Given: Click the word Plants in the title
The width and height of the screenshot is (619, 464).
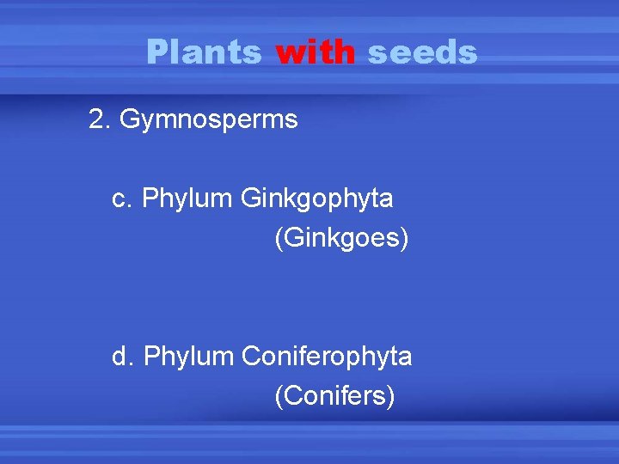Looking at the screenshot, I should tap(203, 52).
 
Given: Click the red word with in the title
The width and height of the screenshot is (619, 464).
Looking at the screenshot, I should tap(315, 52).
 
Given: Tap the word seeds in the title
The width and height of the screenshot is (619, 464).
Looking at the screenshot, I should tap(421, 52).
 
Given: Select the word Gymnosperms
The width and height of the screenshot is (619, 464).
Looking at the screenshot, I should tap(209, 120).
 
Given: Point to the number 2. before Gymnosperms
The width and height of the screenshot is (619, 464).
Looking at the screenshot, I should tap(100, 119).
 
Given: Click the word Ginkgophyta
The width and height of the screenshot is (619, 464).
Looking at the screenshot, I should tap(317, 199).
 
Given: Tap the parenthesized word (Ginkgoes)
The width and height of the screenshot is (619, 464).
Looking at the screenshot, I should tap(341, 238).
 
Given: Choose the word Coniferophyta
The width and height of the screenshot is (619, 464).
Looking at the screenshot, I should tap(328, 356).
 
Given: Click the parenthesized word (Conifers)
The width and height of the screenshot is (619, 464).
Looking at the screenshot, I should tap(334, 396).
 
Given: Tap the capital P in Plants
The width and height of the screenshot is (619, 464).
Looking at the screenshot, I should tap(156, 52).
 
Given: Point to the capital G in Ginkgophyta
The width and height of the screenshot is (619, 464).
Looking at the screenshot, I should tap(251, 198).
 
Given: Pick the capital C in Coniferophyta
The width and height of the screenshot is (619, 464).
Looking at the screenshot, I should tap(253, 355).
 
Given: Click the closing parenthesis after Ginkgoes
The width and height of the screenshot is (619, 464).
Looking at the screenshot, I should tap(403, 239).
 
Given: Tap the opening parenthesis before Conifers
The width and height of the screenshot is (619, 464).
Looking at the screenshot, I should tap(279, 397).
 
